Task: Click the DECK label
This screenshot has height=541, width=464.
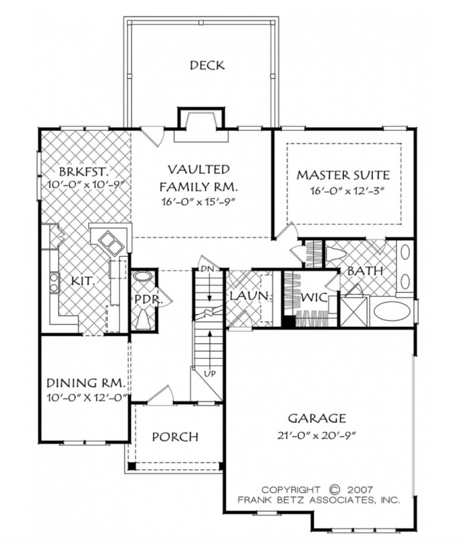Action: pos(207,65)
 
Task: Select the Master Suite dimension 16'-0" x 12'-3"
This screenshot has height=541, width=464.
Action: pos(347,191)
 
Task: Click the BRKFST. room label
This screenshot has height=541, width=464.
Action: pos(84,172)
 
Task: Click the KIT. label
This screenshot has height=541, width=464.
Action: pos(83,281)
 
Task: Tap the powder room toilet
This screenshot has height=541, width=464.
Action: pos(143,319)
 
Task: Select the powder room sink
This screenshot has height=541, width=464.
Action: pos(144,276)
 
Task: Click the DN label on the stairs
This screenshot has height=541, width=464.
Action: pos(207,269)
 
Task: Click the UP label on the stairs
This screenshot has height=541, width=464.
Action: pos(209,374)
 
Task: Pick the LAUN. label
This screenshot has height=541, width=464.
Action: pos(243,296)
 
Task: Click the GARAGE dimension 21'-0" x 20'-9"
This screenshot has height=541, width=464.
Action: pos(317,436)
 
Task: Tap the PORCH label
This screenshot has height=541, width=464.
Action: pos(175,437)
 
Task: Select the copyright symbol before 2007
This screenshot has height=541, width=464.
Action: pos(334,490)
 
